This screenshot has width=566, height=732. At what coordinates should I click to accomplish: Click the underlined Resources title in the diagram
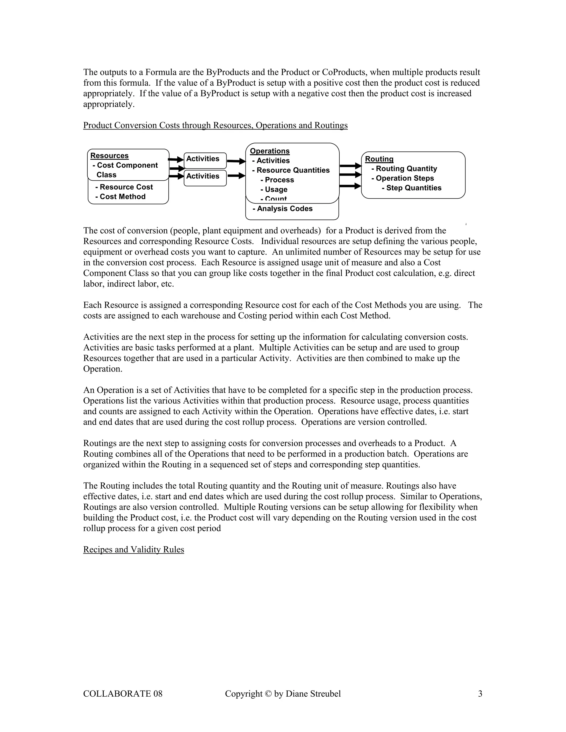click(109, 156)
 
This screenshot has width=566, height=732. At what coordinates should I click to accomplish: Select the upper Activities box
click(205, 160)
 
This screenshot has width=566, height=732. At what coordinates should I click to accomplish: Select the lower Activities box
click(205, 178)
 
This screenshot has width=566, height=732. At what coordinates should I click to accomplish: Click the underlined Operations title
click(269, 151)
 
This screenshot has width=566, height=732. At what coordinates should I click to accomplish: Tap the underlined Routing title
click(379, 159)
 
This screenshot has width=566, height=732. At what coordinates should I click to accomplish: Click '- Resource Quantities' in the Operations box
click(291, 170)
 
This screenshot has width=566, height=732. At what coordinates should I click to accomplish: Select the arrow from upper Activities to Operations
click(236, 161)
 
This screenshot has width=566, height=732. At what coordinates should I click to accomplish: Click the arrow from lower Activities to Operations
click(236, 175)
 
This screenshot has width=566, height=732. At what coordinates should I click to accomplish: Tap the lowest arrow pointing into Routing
click(350, 186)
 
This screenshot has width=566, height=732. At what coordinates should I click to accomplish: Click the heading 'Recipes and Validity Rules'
click(133, 549)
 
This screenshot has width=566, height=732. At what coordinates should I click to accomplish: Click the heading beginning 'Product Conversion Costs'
click(215, 125)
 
